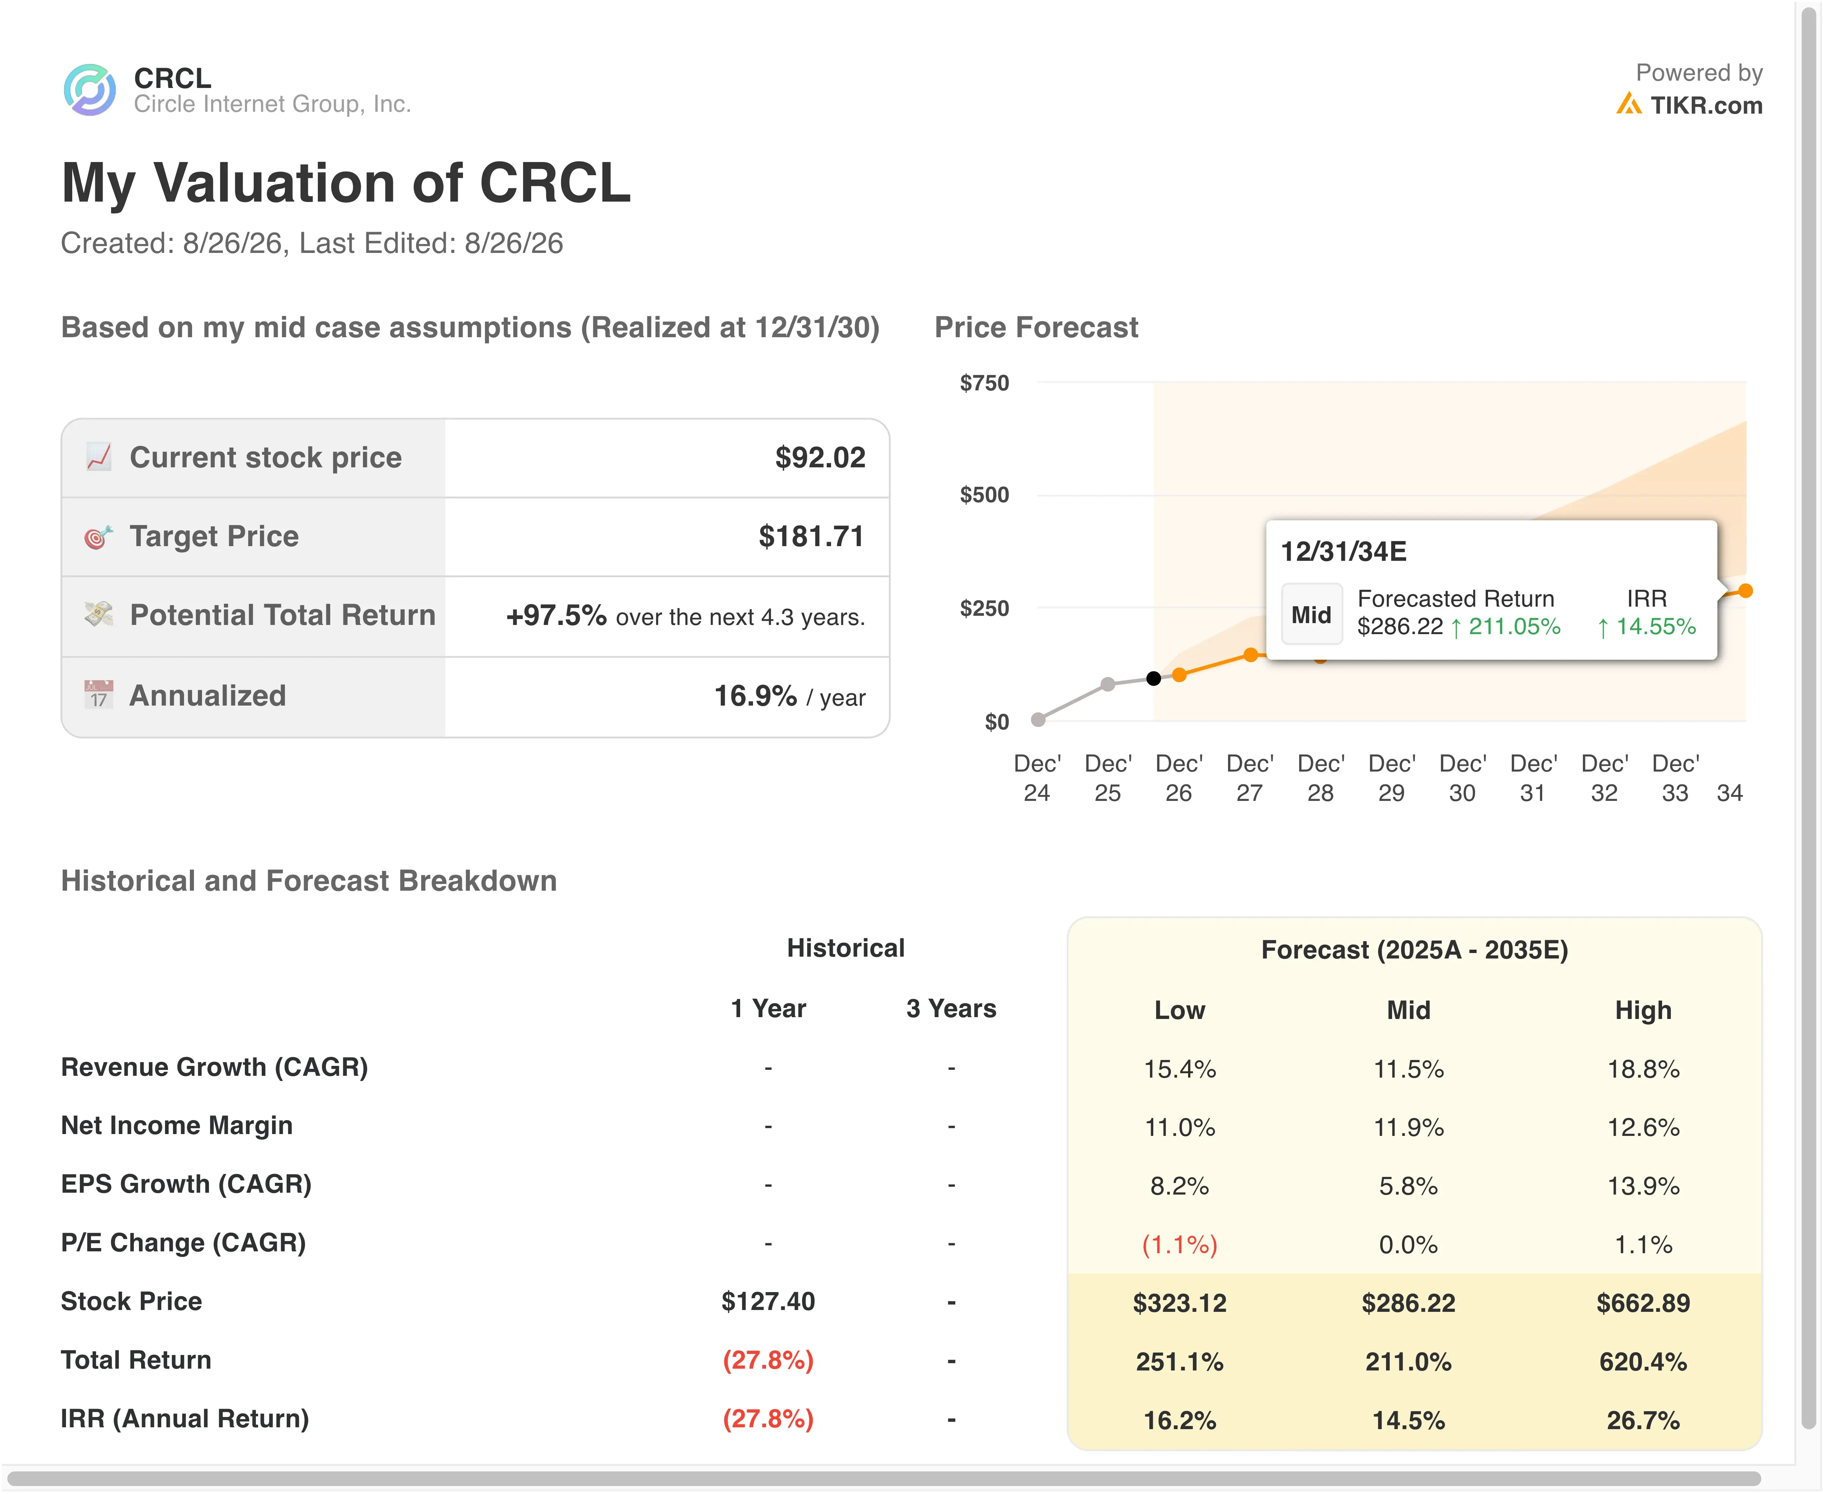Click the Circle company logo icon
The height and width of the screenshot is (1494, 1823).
point(89,89)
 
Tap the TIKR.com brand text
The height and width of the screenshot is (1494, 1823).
point(1706,105)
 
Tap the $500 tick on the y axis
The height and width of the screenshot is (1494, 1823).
point(984,495)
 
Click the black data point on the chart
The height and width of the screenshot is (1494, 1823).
point(1153,678)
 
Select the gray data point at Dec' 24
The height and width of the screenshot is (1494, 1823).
point(1038,720)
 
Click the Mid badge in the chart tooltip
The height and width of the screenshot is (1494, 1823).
point(1311,614)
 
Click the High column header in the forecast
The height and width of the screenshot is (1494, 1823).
point(1643,1010)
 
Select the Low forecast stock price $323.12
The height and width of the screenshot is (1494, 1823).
point(1179,1303)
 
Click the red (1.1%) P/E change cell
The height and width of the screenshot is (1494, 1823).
point(1179,1244)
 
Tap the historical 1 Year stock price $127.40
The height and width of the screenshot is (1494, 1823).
point(768,1301)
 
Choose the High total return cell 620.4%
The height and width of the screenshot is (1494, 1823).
point(1643,1361)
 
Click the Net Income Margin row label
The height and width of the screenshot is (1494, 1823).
point(176,1126)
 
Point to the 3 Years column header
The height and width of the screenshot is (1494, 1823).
point(951,1009)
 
